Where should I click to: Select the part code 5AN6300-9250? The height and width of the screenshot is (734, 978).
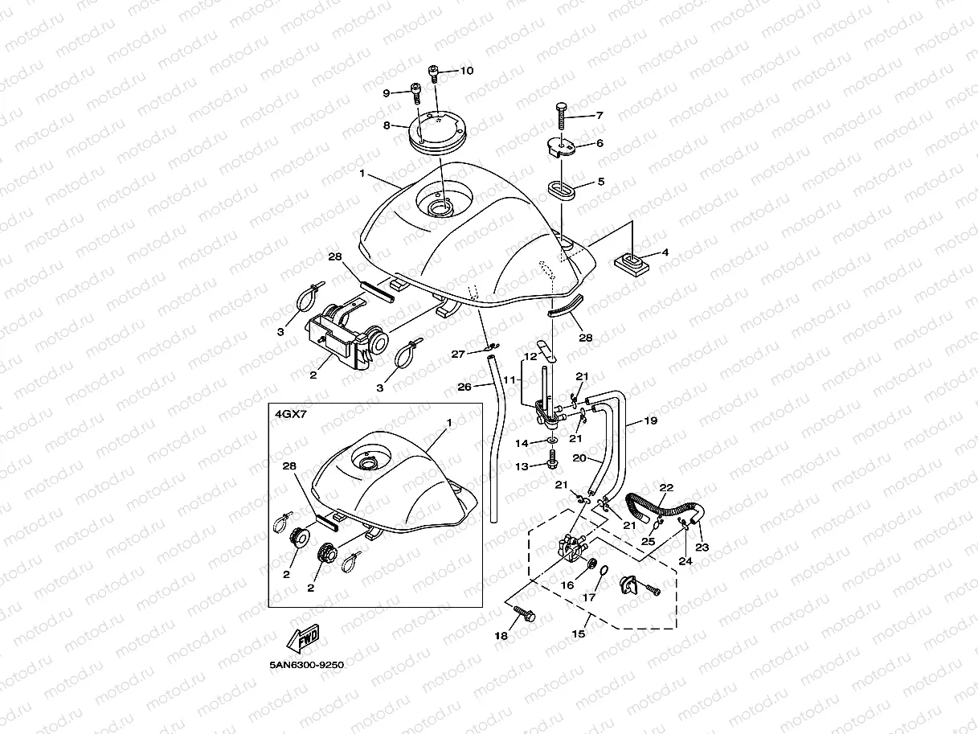pos(307,665)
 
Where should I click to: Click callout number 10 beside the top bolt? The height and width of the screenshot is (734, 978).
pos(466,71)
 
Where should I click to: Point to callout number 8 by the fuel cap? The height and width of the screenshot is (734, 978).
pos(387,125)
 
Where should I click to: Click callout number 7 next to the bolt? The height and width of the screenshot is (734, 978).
pos(599,115)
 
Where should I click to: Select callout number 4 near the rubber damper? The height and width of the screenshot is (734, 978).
pos(665,252)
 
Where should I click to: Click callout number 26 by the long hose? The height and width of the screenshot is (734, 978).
pos(464,387)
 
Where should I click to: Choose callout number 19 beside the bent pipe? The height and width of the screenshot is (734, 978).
pos(651,420)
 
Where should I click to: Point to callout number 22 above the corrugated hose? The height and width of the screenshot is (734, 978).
pos(666,487)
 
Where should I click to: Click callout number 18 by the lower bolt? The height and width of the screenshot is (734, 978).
pos(501,636)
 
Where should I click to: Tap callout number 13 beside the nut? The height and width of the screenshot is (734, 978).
pos(522,466)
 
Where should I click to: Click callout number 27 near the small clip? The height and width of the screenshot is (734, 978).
pos(458,354)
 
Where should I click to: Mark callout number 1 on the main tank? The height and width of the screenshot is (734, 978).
pos(362,174)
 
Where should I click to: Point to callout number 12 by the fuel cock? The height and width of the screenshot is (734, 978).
pos(530,356)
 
